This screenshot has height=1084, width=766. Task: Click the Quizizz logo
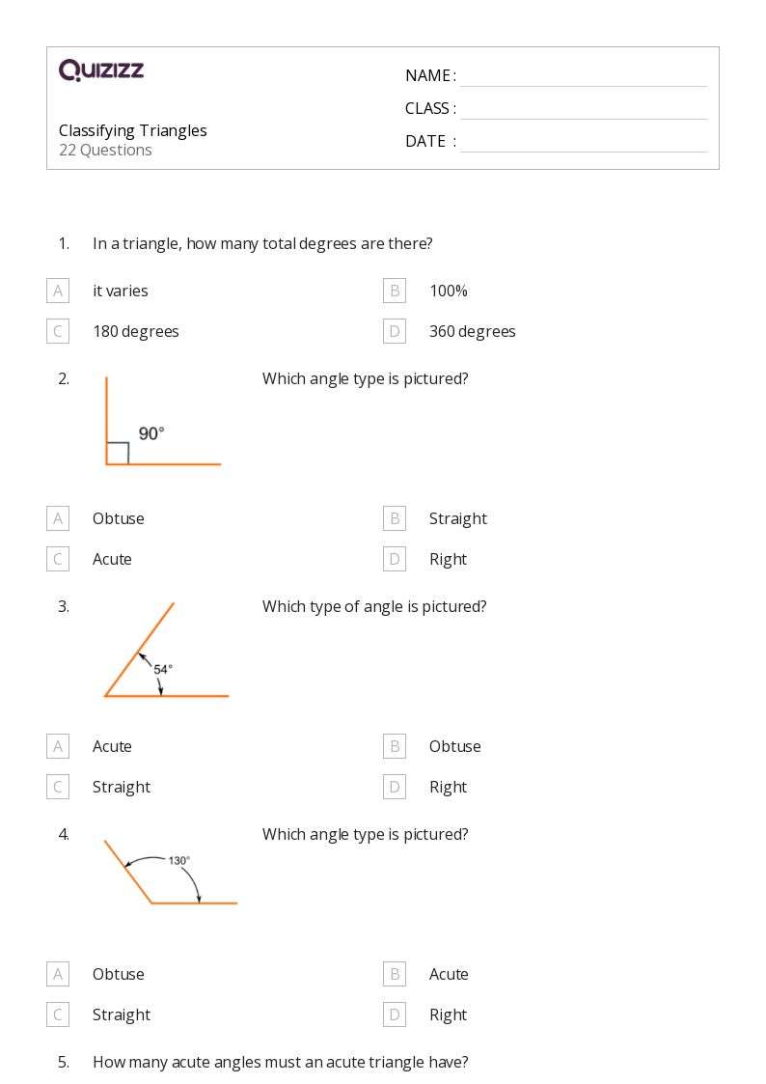click(101, 69)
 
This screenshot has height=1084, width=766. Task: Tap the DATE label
click(425, 141)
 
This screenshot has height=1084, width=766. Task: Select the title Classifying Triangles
click(133, 130)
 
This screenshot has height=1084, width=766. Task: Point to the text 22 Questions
click(105, 150)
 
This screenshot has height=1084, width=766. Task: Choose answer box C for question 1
click(58, 331)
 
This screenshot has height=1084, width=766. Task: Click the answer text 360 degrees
click(472, 331)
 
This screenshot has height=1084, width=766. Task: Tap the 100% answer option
click(448, 291)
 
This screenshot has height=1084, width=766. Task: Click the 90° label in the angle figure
click(151, 433)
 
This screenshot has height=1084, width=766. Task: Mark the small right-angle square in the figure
click(118, 453)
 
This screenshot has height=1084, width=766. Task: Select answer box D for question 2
click(394, 559)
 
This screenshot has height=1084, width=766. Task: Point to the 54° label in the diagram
click(163, 668)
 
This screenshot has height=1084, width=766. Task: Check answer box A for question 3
click(58, 746)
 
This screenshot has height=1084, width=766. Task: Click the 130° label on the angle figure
click(179, 860)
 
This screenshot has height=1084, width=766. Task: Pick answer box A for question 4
click(58, 974)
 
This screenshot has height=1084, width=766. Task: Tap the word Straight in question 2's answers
click(457, 518)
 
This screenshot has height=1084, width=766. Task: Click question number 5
click(64, 1062)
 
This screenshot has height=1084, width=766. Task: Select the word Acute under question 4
click(449, 974)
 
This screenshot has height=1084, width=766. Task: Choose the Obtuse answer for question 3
click(454, 746)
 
